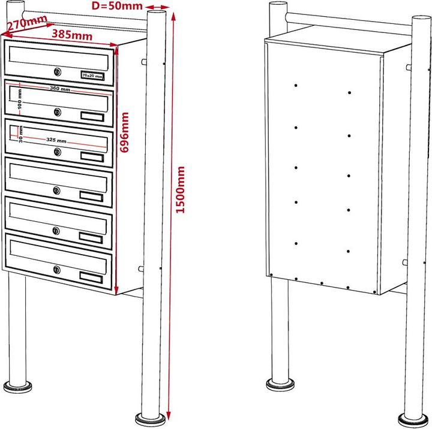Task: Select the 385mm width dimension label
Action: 72,35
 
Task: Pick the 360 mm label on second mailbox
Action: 59,89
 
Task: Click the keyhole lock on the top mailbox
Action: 57,72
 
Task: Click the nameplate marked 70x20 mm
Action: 92,76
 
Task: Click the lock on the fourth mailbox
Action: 56,191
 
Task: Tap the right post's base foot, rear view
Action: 413,418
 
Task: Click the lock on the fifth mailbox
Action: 56,231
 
